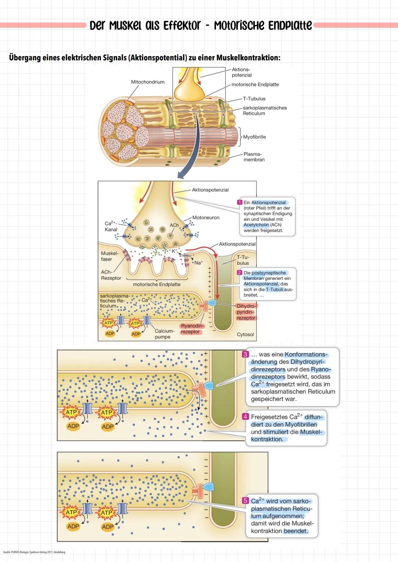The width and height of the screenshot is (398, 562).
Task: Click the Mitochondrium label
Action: (x=148, y=82)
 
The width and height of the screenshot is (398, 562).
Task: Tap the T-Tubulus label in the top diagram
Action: (x=254, y=99)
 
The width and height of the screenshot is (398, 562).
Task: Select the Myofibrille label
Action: (x=254, y=137)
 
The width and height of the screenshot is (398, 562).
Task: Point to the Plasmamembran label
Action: (x=254, y=157)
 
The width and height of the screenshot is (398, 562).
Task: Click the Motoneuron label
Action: (x=206, y=218)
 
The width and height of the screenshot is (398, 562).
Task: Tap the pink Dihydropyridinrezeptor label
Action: (x=246, y=312)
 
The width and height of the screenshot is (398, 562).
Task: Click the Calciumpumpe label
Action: (x=164, y=334)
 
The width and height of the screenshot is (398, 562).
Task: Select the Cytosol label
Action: (x=245, y=335)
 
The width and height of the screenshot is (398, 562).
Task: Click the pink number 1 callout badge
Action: (x=240, y=202)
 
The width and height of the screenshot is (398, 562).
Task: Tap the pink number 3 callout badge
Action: (x=245, y=355)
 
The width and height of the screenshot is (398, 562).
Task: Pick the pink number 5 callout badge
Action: (x=245, y=501)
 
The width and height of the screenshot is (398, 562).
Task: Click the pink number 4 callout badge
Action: (x=245, y=417)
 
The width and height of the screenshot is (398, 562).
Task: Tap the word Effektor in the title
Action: (x=182, y=25)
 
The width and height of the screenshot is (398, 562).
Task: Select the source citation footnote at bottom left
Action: (x=34, y=552)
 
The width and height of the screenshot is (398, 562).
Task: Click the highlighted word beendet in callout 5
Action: (x=296, y=531)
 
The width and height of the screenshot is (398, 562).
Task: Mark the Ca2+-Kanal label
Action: (x=111, y=226)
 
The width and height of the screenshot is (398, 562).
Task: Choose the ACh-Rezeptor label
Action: (x=111, y=275)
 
